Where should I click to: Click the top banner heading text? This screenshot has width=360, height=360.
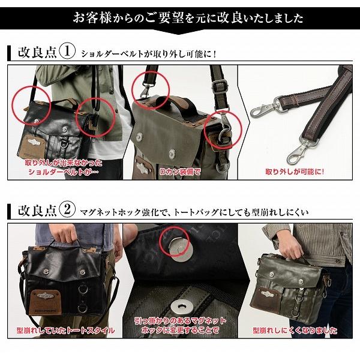tap(180, 16)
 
